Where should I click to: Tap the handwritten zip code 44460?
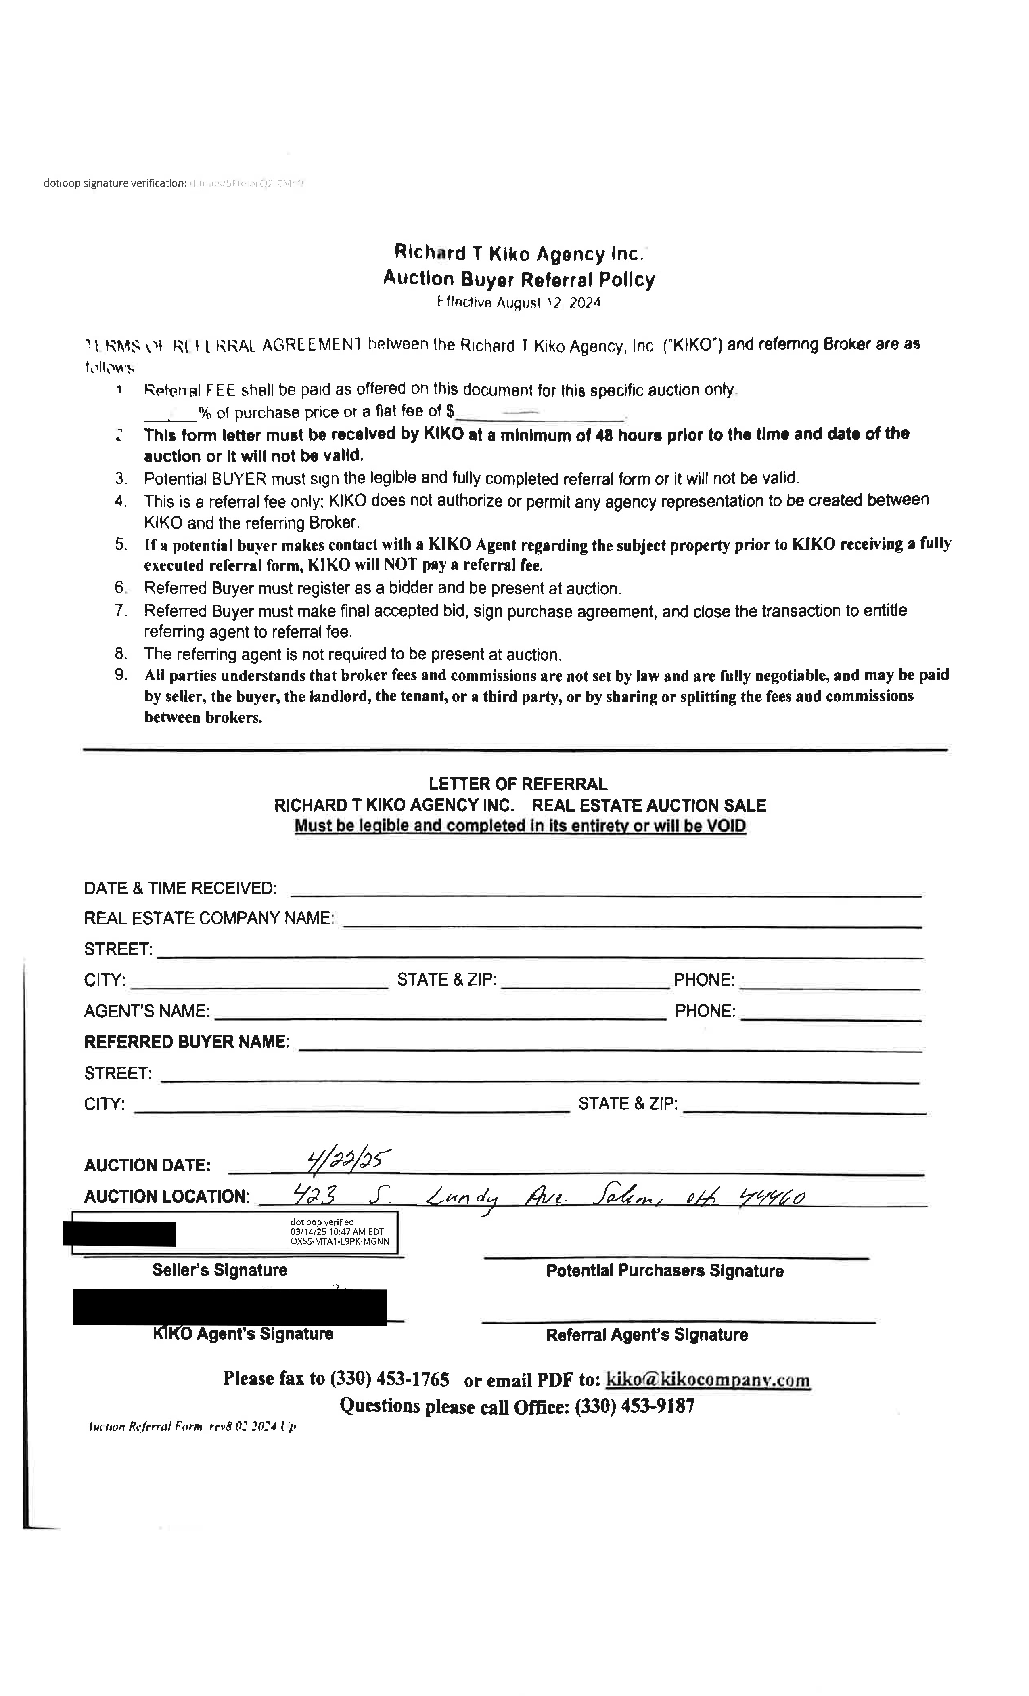click(771, 1199)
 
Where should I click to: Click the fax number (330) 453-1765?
click(389, 1379)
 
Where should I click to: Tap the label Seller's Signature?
click(220, 1270)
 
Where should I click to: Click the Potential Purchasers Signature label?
click(665, 1271)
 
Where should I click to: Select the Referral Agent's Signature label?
click(646, 1335)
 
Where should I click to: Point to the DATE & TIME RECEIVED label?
click(180, 888)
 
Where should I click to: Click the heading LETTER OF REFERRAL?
click(517, 784)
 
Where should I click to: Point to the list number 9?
click(121, 674)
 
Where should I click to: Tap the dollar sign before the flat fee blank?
click(450, 411)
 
